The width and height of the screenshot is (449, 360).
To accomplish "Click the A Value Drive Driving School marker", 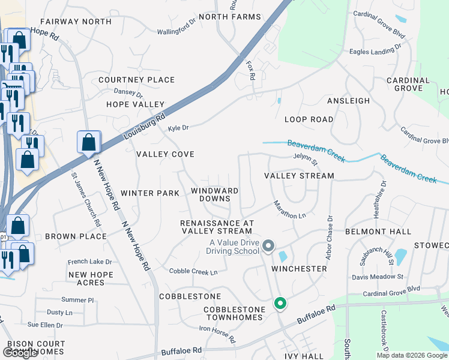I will tap(269, 246).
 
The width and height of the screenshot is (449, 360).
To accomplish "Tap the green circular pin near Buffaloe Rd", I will tap(280, 304).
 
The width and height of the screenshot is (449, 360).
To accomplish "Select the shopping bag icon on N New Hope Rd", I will tap(89, 143).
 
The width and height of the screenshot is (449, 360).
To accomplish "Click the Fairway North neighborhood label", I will tap(77, 22).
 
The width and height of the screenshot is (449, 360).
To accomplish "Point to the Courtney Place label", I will tap(137, 80).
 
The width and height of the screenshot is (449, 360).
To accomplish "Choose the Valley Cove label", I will tap(165, 154).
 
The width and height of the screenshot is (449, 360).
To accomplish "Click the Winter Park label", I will tap(150, 193).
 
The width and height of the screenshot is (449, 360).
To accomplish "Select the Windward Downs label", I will tap(214, 194).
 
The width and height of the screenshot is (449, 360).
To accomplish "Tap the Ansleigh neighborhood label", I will tap(348, 101).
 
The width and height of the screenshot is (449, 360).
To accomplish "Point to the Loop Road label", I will tap(309, 119).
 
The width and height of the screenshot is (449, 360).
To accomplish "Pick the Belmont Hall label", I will tap(378, 232).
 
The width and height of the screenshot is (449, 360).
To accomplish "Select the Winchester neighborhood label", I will tap(299, 269).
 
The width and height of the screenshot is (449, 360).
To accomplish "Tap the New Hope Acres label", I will tap(91, 278).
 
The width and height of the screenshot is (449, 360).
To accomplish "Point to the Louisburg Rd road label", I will tap(143, 128).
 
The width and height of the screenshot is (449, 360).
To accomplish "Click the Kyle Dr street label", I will tap(178, 128).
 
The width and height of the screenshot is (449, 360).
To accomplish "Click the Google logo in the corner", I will tap(20, 353).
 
